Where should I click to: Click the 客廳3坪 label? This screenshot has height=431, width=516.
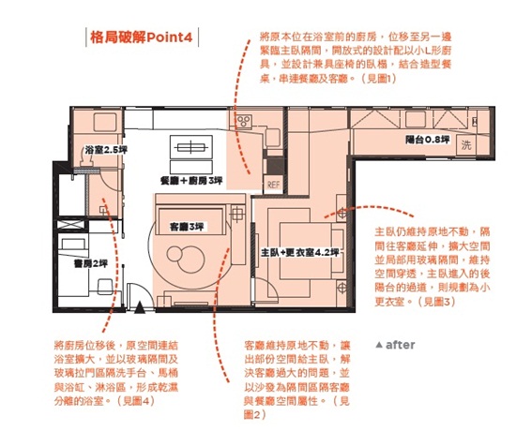click(186, 227)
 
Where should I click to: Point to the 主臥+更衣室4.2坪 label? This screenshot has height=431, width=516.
click(297, 252)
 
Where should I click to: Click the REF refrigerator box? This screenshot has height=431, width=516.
click(274, 184)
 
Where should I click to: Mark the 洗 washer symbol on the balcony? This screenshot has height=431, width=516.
click(466, 144)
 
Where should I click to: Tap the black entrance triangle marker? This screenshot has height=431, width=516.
click(140, 305)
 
